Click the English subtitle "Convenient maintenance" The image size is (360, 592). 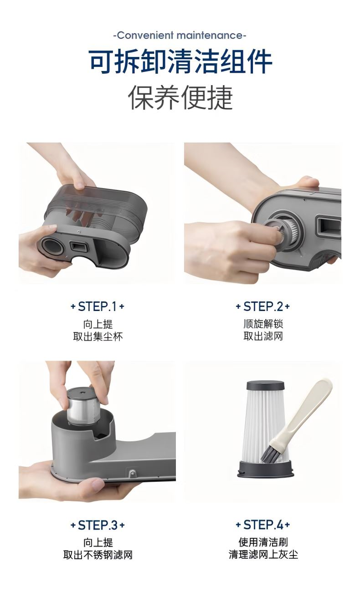click(180, 35)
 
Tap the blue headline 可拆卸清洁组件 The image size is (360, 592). click(180, 61)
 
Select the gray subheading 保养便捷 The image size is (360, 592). click(180, 97)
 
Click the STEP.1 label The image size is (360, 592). click(98, 306)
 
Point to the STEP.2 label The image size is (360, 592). click(263, 306)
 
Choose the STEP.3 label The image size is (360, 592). click(98, 525)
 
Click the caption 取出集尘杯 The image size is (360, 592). click(98, 337)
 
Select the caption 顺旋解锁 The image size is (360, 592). click(263, 324)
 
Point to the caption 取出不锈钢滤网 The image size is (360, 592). click(98, 555)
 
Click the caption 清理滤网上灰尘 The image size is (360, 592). click(263, 555)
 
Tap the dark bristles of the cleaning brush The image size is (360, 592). click(269, 454)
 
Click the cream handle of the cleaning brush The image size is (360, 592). click(308, 412)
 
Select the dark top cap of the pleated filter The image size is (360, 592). click(265, 386)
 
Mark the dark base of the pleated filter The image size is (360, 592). click(266, 470)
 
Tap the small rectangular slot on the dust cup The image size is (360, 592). click(78, 247)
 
